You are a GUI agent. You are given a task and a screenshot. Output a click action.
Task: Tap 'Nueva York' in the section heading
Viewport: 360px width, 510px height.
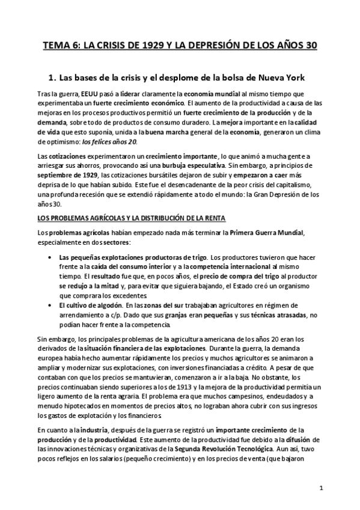[279, 78]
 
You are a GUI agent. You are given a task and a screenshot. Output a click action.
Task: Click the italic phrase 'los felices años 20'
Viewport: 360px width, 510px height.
[109, 141]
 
